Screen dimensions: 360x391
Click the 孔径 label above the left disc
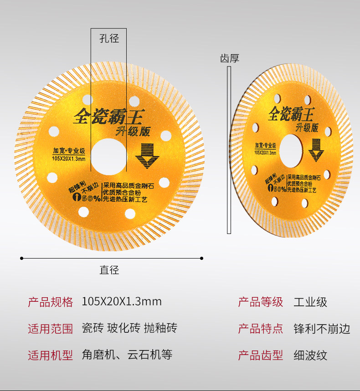point(109,39)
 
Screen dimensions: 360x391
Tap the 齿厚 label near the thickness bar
point(229,58)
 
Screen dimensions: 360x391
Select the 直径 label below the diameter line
point(109,270)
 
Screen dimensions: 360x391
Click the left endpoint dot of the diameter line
point(21,259)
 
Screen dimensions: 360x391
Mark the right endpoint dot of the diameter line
point(202,259)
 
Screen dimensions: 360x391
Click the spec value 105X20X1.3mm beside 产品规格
point(122,301)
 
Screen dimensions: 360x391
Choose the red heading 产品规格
point(51,302)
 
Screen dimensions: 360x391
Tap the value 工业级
point(310,302)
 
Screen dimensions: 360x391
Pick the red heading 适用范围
point(51,328)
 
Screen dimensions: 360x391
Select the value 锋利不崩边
point(322,328)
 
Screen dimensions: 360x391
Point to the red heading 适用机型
point(51,355)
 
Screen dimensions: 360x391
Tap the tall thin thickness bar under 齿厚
point(229,150)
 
